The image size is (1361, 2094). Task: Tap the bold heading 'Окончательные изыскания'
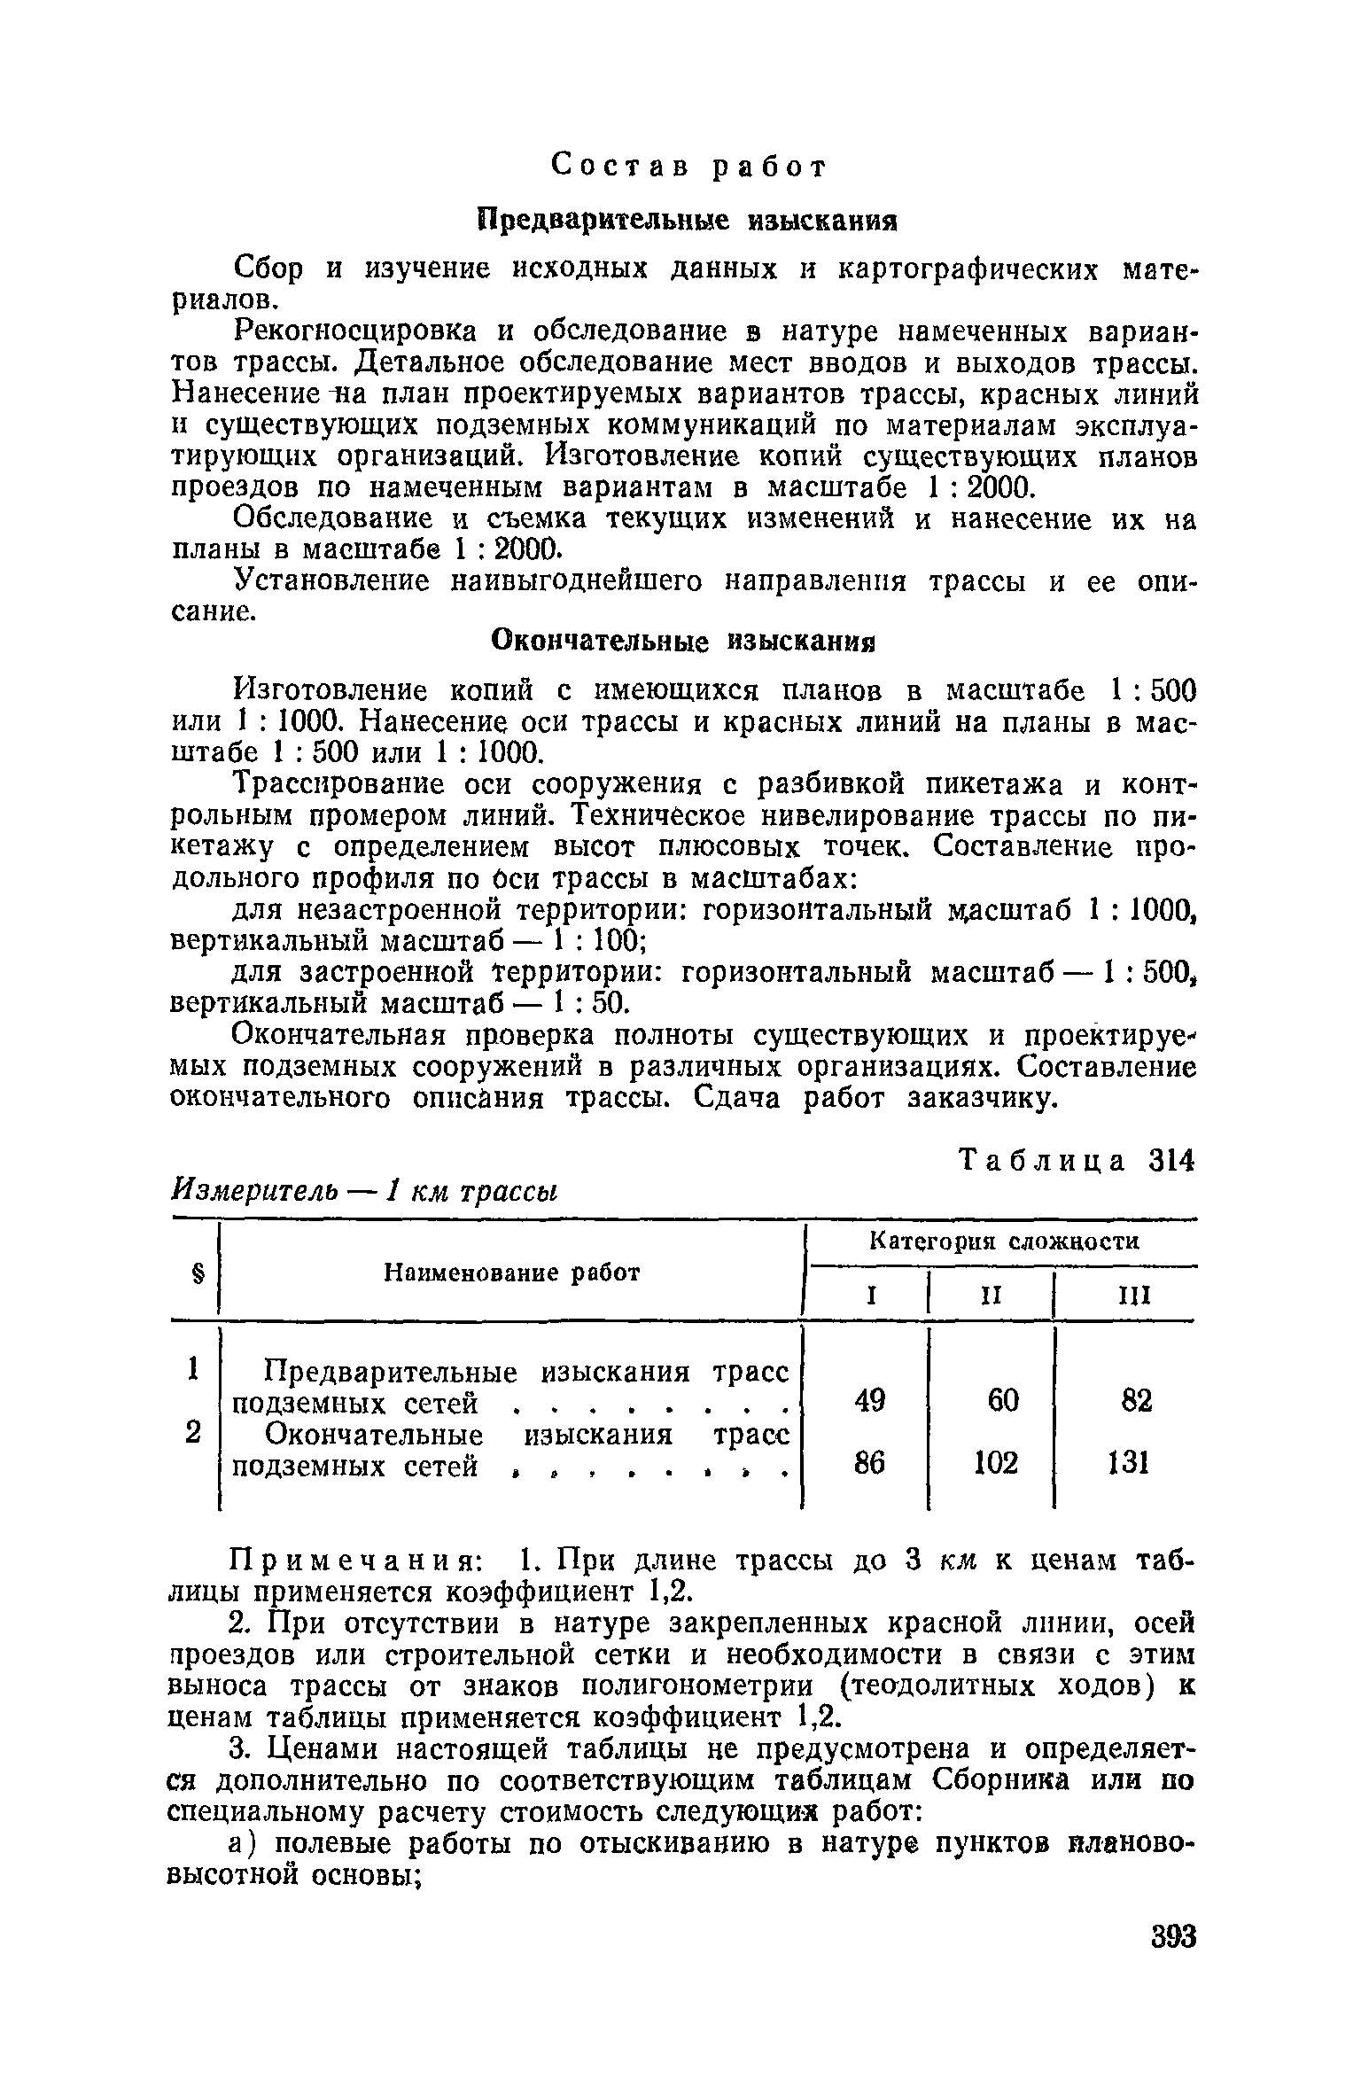683,640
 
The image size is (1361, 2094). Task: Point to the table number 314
1172,1160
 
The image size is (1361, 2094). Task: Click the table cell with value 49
869,1401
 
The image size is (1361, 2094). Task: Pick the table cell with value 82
1136,1401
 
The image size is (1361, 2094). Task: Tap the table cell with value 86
869,1465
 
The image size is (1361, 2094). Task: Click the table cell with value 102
996,1465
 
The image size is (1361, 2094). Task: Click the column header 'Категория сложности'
1003,1242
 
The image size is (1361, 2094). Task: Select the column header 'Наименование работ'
511,1273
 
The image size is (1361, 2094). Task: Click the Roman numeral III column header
1134,1297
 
